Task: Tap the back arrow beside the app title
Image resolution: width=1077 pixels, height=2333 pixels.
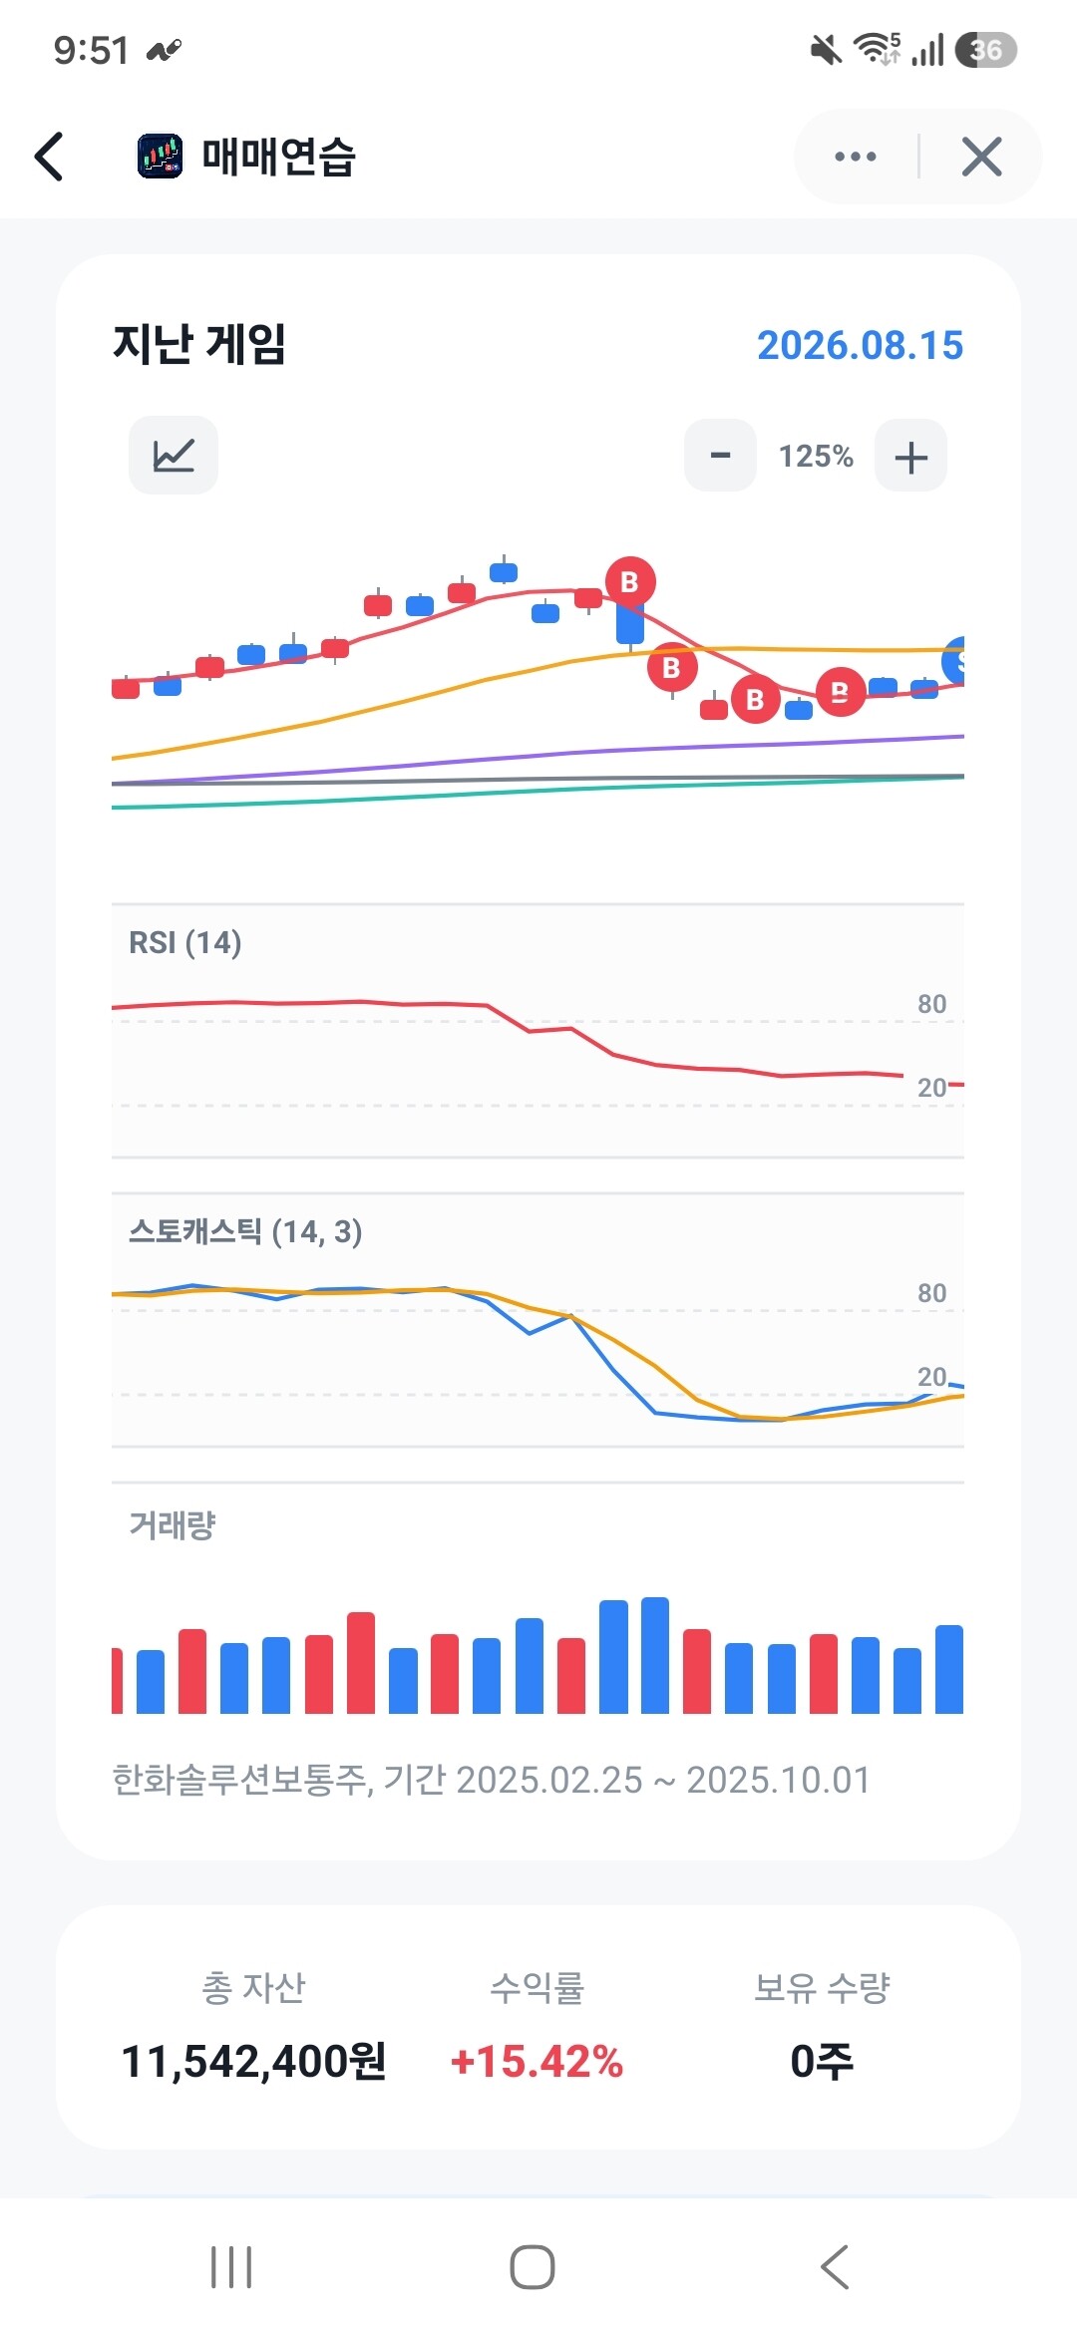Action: click(49, 157)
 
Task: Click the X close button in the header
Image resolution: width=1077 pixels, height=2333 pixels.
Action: click(981, 157)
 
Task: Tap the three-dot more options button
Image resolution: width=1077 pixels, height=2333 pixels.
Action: click(856, 157)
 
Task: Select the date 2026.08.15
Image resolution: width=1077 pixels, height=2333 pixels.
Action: click(860, 345)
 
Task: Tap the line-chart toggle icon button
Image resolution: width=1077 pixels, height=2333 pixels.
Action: click(174, 456)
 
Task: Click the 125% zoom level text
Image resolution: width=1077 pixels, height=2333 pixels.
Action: click(816, 457)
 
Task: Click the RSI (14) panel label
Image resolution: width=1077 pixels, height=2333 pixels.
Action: click(185, 942)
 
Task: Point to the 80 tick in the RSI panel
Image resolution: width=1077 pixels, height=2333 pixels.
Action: click(931, 1004)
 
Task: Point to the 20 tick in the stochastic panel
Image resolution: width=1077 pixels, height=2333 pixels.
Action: click(931, 1377)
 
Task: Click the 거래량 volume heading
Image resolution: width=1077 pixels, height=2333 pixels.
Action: click(173, 1524)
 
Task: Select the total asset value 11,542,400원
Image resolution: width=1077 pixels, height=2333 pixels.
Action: click(253, 2061)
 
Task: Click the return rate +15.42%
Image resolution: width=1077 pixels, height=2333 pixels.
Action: click(537, 2061)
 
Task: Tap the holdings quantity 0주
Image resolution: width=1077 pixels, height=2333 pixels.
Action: click(822, 2061)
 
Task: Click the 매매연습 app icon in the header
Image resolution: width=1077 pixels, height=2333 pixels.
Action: click(160, 157)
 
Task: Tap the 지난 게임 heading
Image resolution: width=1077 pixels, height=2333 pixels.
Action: click(199, 345)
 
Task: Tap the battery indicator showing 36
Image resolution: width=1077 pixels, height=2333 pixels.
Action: click(985, 49)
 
